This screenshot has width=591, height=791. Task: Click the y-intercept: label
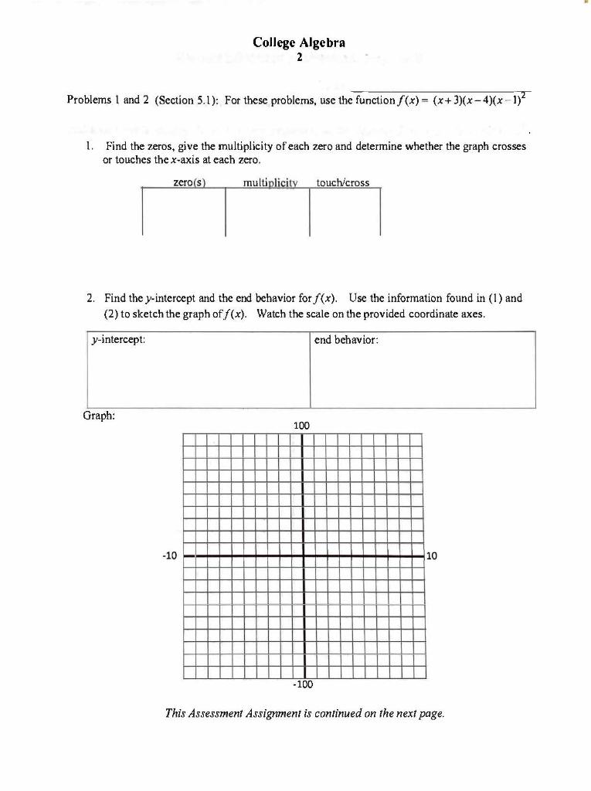(118, 340)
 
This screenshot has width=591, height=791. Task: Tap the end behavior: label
(346, 340)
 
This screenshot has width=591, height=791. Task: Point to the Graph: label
(99, 416)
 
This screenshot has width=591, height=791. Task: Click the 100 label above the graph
(301, 426)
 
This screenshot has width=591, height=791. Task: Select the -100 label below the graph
(302, 684)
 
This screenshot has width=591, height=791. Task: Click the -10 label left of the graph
(169, 555)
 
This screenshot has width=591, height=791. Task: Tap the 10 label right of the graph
(432, 555)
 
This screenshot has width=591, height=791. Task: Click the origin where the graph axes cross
(302, 555)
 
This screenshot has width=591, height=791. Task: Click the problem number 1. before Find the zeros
(90, 145)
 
